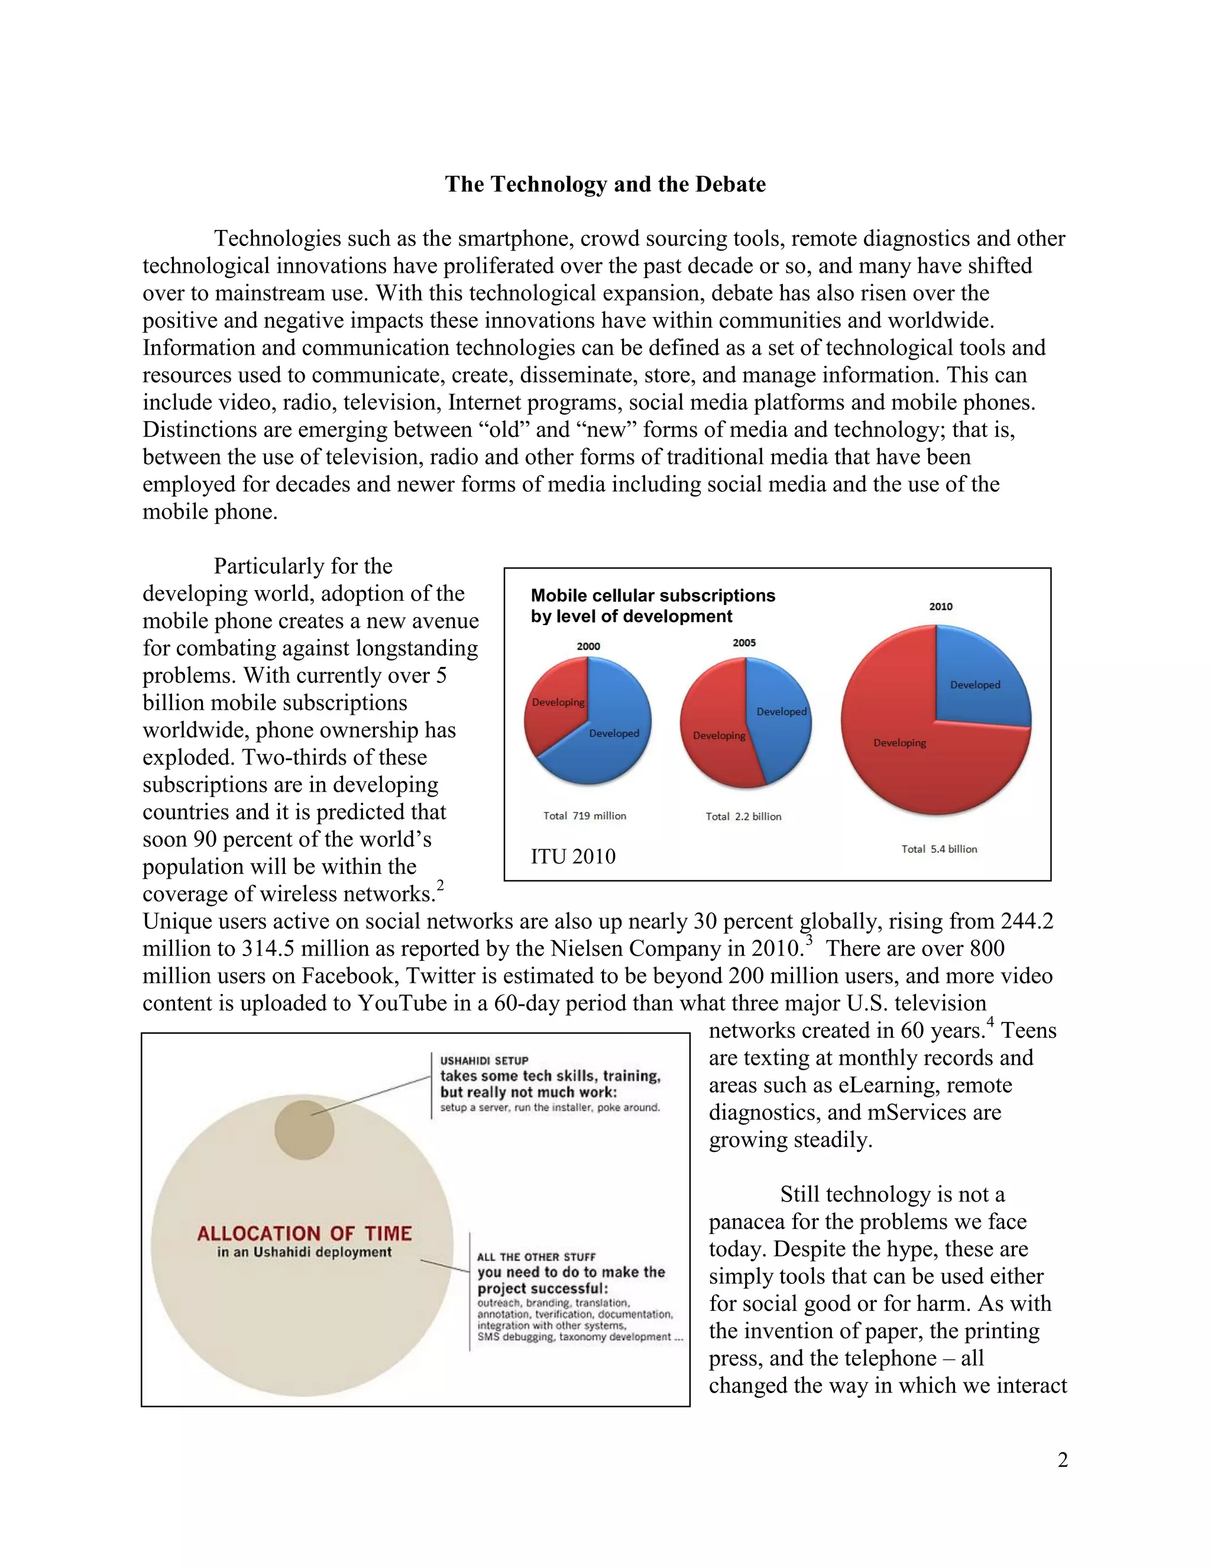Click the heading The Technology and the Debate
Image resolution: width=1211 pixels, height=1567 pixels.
pyautogui.click(x=605, y=184)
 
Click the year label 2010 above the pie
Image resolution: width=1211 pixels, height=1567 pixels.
pyautogui.click(x=941, y=606)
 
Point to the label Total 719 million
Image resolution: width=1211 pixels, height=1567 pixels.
pyautogui.click(x=584, y=816)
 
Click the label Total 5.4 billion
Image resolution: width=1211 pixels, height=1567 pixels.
pyautogui.click(x=939, y=849)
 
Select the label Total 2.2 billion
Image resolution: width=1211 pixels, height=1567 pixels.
pyautogui.click(x=743, y=817)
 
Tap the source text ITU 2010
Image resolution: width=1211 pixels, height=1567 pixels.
pyautogui.click(x=572, y=857)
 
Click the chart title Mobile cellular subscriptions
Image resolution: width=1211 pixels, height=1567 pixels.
pyautogui.click(x=652, y=595)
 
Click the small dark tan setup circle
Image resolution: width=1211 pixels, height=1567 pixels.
pyautogui.click(x=304, y=1130)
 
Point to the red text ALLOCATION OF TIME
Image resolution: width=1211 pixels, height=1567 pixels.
pyautogui.click(x=304, y=1233)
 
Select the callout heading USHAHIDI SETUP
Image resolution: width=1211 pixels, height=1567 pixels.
pyautogui.click(x=484, y=1060)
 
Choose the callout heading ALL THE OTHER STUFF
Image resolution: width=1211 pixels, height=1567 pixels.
pyautogui.click(x=536, y=1257)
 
